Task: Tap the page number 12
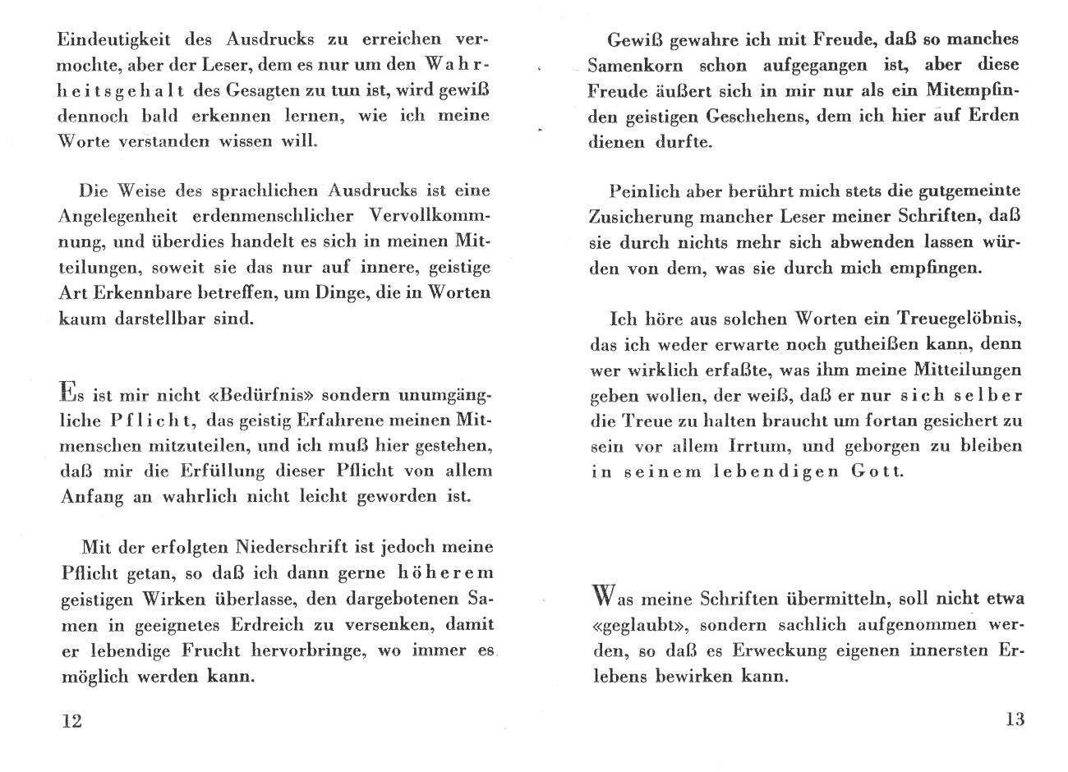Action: point(71,721)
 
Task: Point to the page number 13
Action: point(1015,719)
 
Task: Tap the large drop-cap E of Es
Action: point(69,391)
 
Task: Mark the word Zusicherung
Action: point(640,217)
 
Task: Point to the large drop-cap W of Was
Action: point(602,594)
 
